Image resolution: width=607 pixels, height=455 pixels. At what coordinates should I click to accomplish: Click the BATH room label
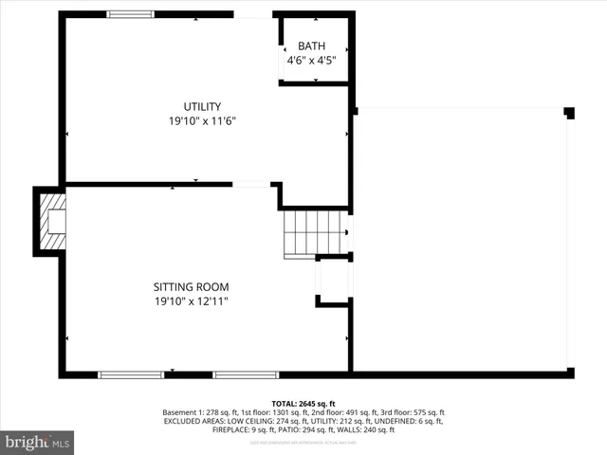pos(311,45)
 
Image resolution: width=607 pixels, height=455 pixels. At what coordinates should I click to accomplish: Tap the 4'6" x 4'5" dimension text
pos(311,61)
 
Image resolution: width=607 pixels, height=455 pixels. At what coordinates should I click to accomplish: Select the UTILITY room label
pos(202,106)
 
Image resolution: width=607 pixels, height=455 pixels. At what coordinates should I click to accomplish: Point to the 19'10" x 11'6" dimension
pos(202,121)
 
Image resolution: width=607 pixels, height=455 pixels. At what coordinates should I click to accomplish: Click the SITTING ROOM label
pos(192,286)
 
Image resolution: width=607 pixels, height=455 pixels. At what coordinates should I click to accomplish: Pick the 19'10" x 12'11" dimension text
pos(192,301)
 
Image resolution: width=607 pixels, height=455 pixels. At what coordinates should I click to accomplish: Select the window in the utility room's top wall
pos(131,14)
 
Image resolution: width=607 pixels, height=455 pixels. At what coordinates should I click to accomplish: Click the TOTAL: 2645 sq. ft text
pos(303,404)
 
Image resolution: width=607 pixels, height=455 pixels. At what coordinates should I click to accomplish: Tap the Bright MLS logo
pos(38,441)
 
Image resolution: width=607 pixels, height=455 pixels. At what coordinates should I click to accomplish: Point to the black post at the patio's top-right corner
pos(569,113)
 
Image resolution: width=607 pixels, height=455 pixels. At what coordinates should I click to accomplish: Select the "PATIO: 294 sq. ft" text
pos(319,428)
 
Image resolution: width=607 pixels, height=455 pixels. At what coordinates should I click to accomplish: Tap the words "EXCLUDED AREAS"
pos(196,421)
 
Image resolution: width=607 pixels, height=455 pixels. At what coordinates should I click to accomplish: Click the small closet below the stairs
pos(333,280)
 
